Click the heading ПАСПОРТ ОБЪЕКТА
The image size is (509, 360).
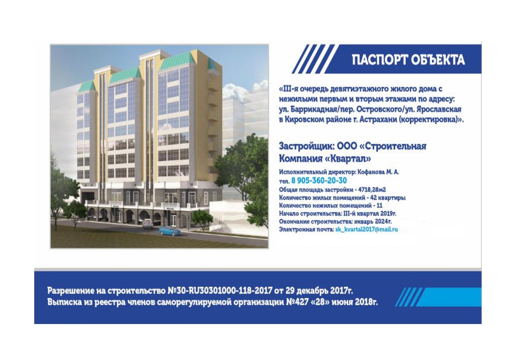408,59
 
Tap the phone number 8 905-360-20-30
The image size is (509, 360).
319,181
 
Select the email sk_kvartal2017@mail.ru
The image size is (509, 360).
366,229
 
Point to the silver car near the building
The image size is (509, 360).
148,224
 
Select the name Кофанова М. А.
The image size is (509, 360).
378,172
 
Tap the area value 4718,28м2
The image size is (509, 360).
372,190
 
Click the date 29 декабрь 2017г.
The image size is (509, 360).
319,290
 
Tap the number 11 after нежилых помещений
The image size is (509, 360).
379,206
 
